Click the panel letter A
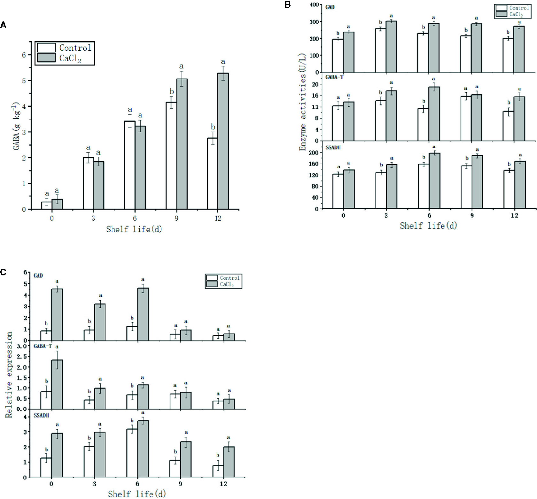pyautogui.click(x=3, y=25)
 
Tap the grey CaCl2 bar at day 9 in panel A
pyautogui.click(x=182, y=144)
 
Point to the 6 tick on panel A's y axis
pyautogui.click(x=24, y=55)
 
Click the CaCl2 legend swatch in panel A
pyautogui.click(x=46, y=58)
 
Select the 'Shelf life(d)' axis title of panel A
pyautogui.click(x=134, y=229)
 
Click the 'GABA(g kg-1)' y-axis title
pyautogui.click(x=17, y=126)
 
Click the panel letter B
pyautogui.click(x=287, y=4)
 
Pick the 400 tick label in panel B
pyautogui.click(x=314, y=5)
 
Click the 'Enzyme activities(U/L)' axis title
pyautogui.click(x=302, y=102)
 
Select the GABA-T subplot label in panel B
pyautogui.click(x=334, y=77)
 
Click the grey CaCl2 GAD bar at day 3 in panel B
pyautogui.click(x=391, y=47)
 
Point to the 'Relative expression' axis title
pyautogui.click(x=9, y=374)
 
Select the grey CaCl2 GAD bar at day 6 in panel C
pyautogui.click(x=143, y=314)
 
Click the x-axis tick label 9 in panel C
pyautogui.click(x=181, y=484)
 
